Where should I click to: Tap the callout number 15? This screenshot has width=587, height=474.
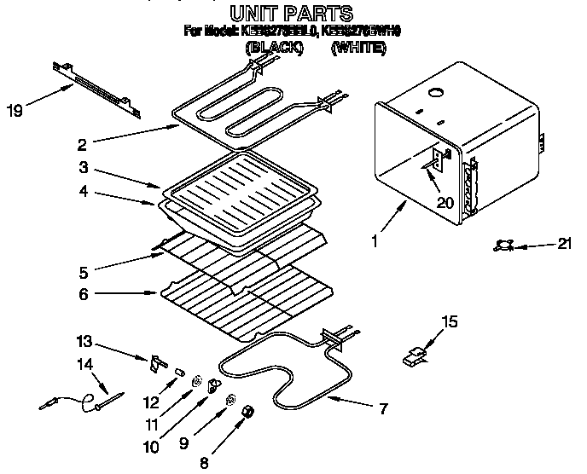pos(448,321)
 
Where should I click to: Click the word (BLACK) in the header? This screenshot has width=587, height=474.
pos(274,49)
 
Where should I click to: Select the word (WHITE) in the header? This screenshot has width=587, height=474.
pos(357,49)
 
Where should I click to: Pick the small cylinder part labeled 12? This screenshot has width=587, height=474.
pos(178,371)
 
